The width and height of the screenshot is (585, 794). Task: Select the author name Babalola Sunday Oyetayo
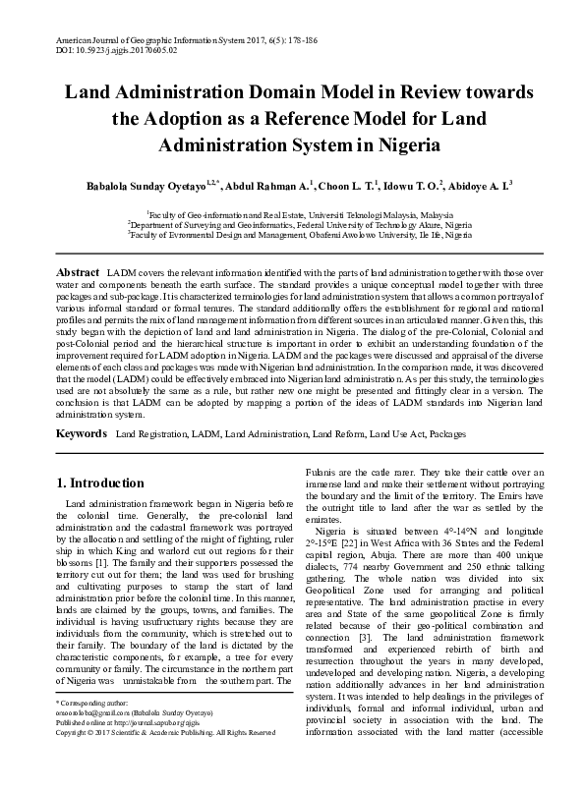pos(177,184)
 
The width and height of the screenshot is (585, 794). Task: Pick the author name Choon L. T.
pos(347,184)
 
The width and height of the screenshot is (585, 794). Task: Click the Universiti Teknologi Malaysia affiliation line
pos(293,214)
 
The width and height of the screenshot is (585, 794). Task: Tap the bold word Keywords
pos(82,433)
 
